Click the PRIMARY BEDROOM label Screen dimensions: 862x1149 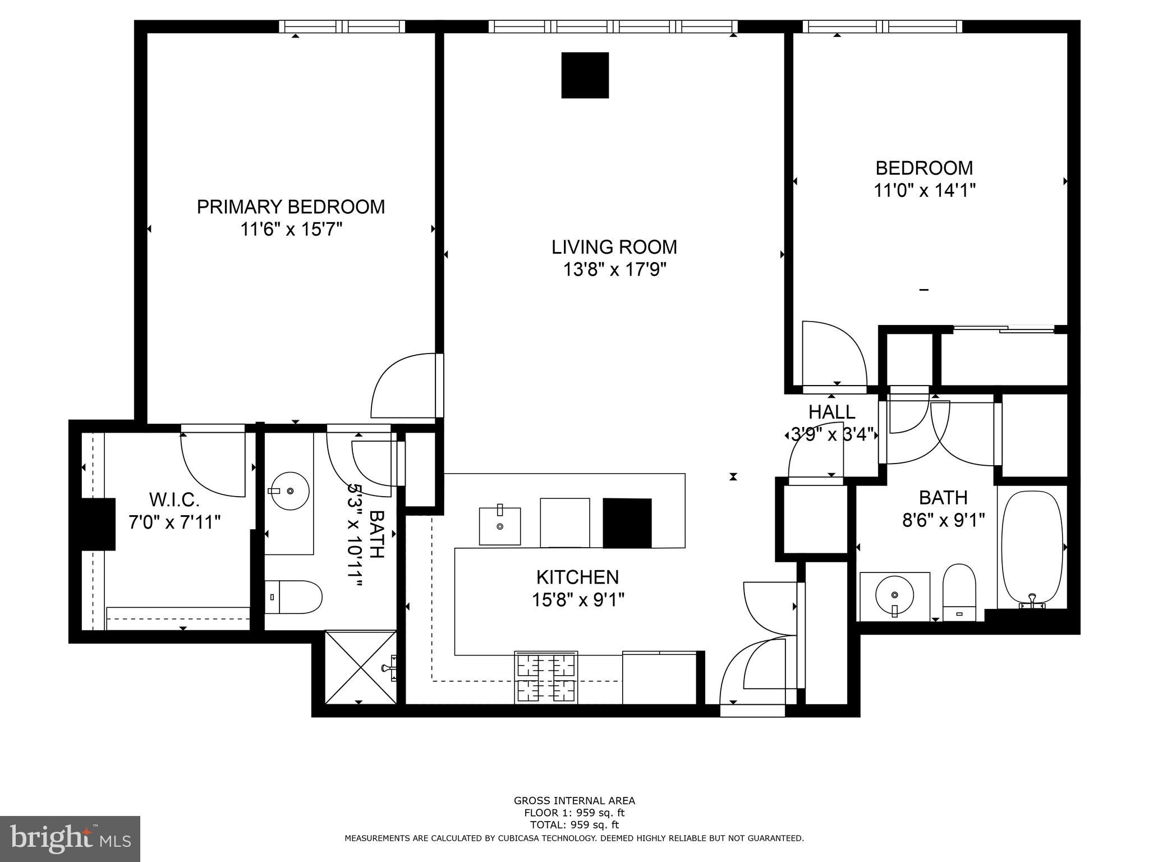[x=291, y=207]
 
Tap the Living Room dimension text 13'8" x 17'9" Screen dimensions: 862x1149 [x=614, y=270]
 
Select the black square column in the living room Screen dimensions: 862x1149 [x=585, y=75]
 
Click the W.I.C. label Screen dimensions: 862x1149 [x=174, y=499]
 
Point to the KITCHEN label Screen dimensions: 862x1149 [x=577, y=577]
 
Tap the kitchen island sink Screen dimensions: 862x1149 [x=499, y=526]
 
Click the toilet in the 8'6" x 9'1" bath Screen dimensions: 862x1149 [x=959, y=592]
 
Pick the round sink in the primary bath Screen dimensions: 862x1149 [x=289, y=491]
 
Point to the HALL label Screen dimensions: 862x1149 [x=831, y=412]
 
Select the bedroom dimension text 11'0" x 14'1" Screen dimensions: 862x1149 [x=924, y=191]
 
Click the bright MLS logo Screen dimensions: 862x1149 [x=70, y=838]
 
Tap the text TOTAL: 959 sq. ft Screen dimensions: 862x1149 [x=574, y=825]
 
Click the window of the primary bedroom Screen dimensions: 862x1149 [x=342, y=26]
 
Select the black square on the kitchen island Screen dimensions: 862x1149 [x=627, y=522]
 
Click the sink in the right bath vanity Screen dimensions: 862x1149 [x=894, y=595]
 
